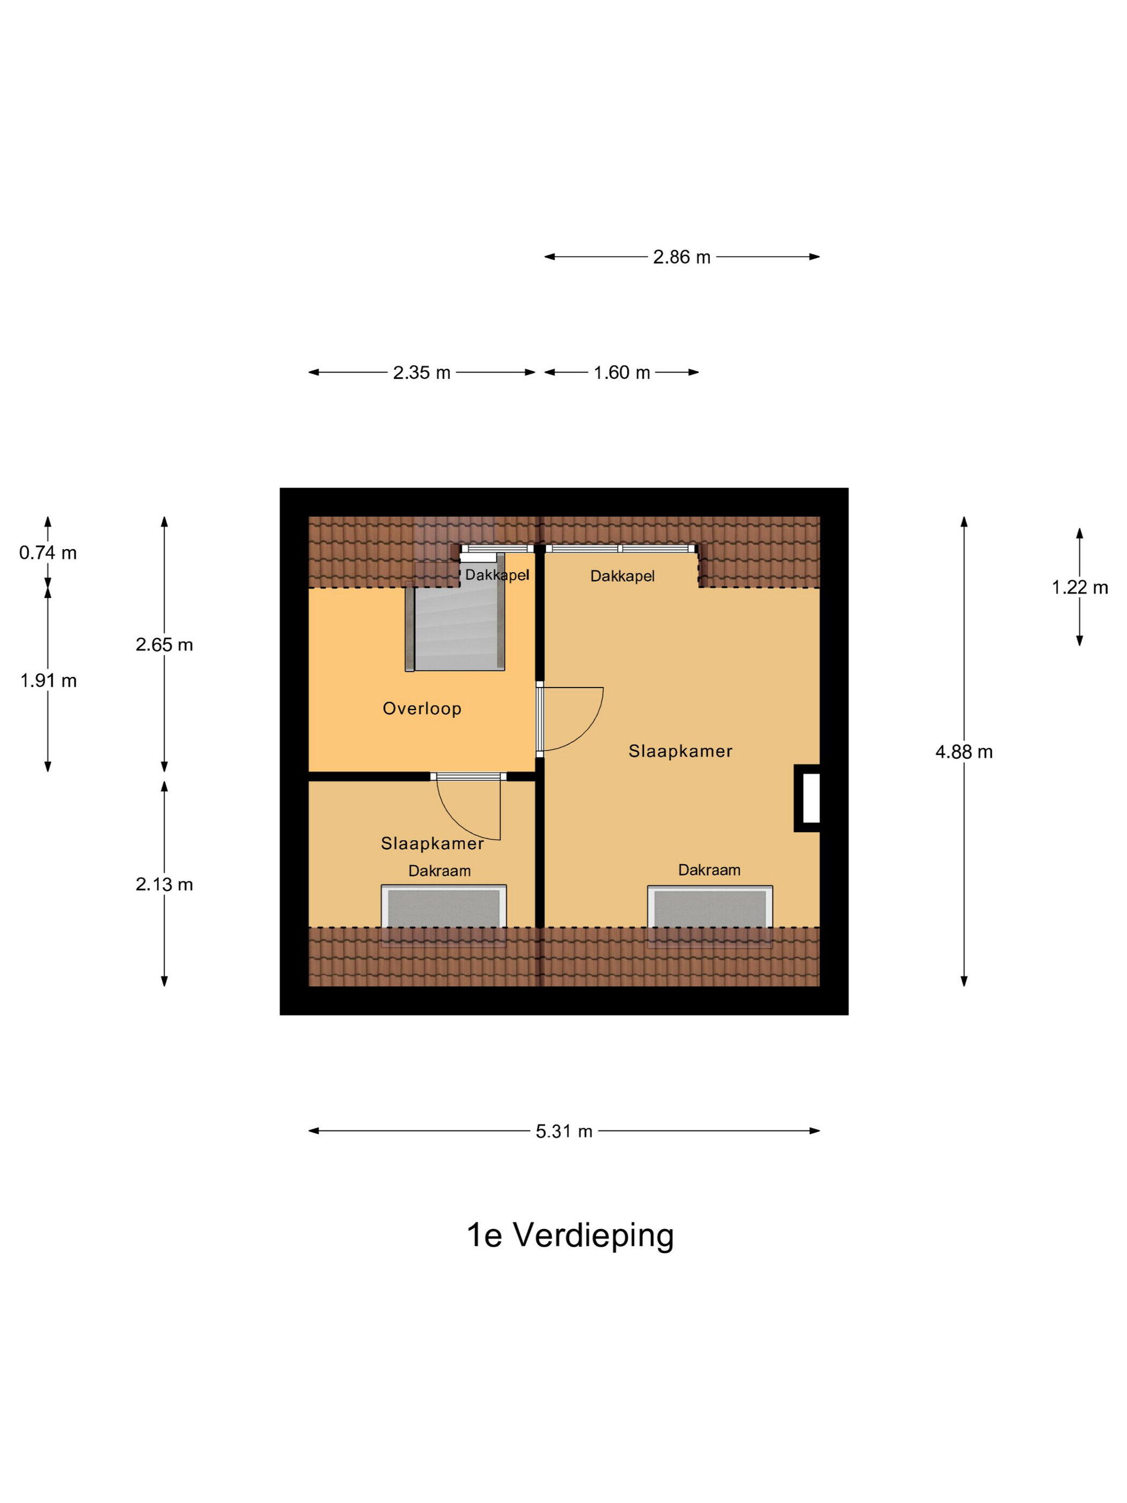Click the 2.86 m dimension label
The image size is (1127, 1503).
(x=682, y=257)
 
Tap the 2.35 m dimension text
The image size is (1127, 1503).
(x=421, y=373)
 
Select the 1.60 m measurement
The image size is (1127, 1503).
(x=621, y=373)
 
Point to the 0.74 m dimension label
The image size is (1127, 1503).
(x=48, y=553)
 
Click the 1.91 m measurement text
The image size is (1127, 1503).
(x=48, y=680)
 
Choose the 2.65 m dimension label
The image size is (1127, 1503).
(x=164, y=645)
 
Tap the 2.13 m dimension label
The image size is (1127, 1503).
(x=164, y=884)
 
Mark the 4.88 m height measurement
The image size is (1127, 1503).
(x=963, y=751)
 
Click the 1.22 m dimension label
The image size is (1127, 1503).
(x=1079, y=587)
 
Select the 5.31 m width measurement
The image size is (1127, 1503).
(x=564, y=1132)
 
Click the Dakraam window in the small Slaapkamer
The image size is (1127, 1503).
(x=444, y=907)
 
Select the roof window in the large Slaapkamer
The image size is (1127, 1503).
(x=710, y=907)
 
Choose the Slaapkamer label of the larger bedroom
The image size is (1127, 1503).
(x=680, y=751)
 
